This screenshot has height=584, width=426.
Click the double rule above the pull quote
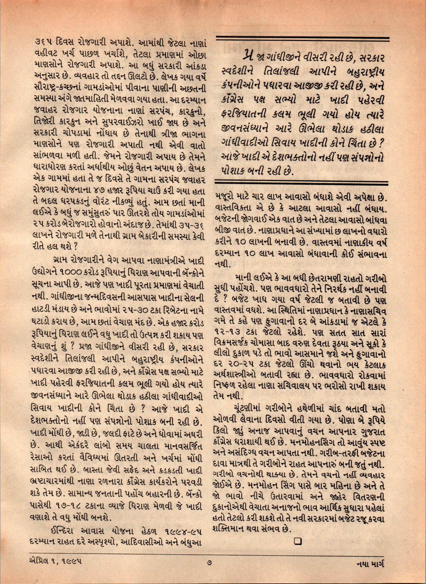click(x=301, y=39)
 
